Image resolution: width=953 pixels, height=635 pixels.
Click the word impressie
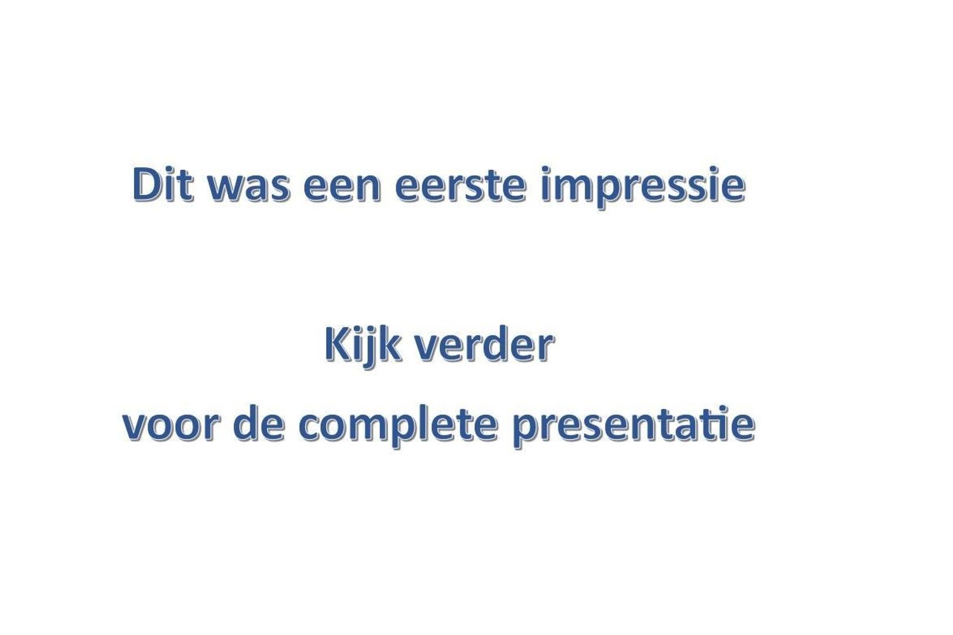[x=642, y=187]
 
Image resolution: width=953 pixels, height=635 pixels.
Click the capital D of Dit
[x=146, y=185]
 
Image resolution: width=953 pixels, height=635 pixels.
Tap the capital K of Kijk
[x=337, y=345]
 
